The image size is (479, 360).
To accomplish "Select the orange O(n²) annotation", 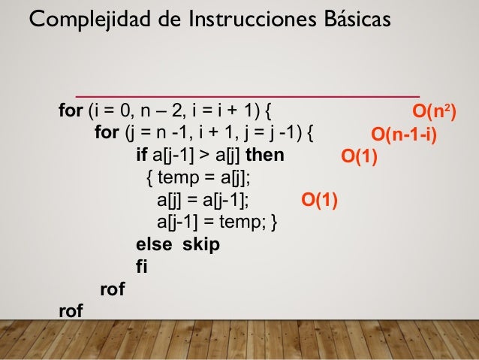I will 435,112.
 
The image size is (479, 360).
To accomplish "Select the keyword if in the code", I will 141,156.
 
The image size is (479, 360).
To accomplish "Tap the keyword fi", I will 140,267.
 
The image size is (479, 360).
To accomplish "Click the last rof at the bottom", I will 71,310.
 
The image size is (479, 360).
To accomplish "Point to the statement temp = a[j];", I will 203,179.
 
